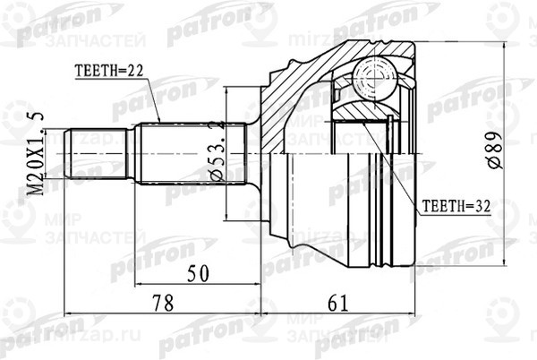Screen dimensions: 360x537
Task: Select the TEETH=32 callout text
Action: [x=453, y=204]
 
